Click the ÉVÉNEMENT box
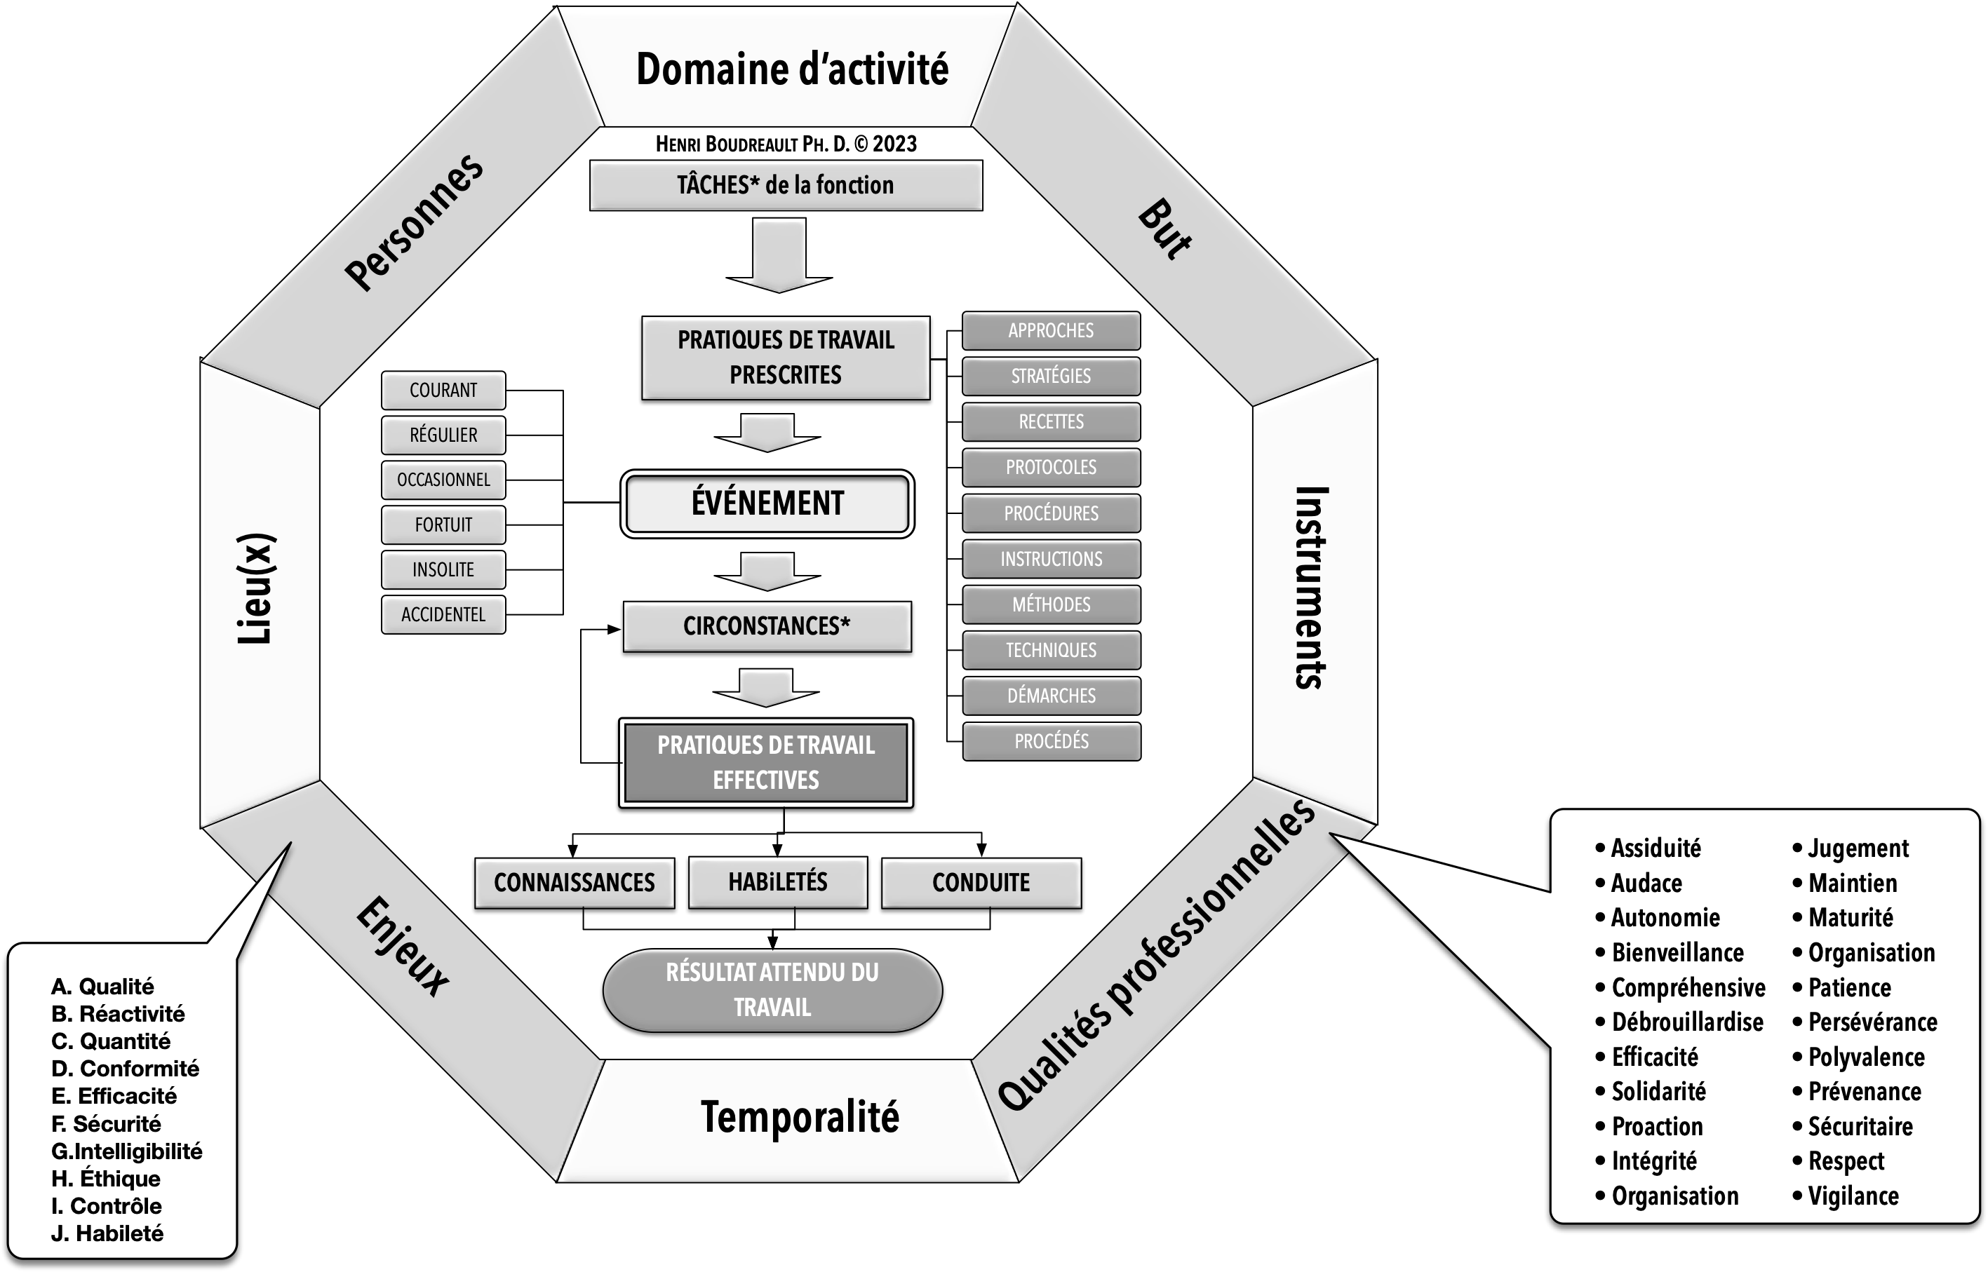point(767,503)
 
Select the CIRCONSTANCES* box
point(767,626)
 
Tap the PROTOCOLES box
point(1051,468)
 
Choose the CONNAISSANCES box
point(575,882)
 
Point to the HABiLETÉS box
point(777,882)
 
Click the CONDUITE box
point(981,882)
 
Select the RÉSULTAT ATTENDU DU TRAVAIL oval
point(772,989)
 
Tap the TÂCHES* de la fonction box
point(785,185)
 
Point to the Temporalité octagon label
point(799,1118)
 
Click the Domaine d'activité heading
point(791,69)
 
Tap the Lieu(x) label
point(257,588)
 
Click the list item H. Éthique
point(106,1178)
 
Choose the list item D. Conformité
point(126,1068)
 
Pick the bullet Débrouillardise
point(1686,1022)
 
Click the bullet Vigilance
point(1853,1196)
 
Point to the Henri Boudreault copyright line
point(786,144)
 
